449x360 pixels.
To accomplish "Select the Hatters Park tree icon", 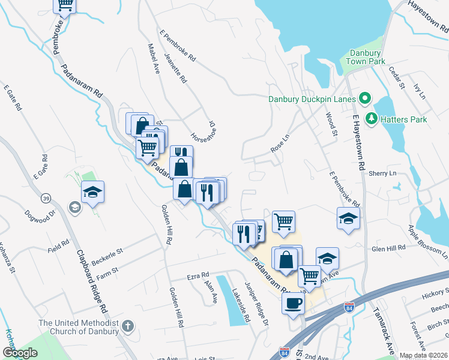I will tap(372, 119).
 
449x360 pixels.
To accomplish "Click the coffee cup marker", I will tap(294, 304).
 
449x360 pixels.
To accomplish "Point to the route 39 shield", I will tap(46, 199).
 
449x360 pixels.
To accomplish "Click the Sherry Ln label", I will tap(385, 173).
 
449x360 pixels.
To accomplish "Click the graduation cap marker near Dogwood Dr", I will tap(92, 192).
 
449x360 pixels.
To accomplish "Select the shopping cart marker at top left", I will tap(65, 5).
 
